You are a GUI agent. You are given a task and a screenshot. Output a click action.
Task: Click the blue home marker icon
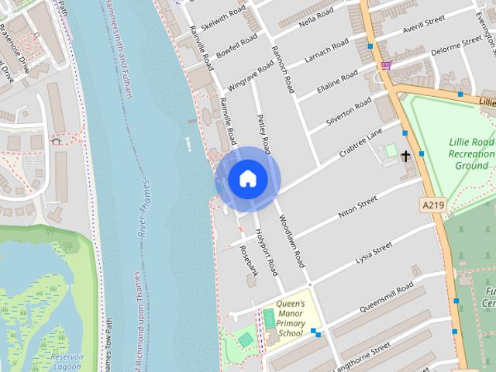247,179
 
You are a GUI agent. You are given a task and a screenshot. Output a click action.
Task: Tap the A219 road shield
434,205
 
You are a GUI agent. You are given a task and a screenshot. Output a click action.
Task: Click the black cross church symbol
405,157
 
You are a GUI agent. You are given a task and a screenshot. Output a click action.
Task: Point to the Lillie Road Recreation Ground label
470,154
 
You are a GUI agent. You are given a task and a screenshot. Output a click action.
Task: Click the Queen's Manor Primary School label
290,319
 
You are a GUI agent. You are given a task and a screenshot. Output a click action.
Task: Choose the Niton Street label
357,207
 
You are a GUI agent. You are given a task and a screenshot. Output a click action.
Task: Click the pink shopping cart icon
386,65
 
